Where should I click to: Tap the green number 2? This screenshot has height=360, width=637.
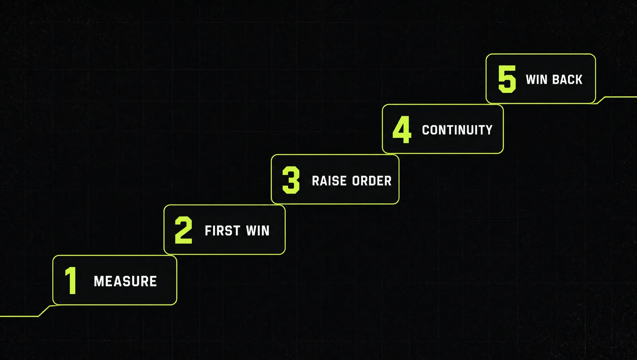pyautogui.click(x=184, y=230)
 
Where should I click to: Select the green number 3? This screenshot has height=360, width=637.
pyautogui.click(x=291, y=180)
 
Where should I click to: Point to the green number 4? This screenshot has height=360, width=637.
pyautogui.click(x=402, y=130)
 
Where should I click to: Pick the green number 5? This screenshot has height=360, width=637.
pyautogui.click(x=507, y=79)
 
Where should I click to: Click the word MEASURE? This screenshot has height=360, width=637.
pyautogui.click(x=125, y=282)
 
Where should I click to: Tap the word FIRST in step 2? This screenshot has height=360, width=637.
pyautogui.click(x=223, y=231)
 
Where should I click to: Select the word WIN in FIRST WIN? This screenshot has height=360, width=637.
pyautogui.click(x=258, y=231)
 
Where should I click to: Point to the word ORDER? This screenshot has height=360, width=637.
pyautogui.click(x=372, y=181)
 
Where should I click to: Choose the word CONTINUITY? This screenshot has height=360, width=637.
pyautogui.click(x=457, y=130)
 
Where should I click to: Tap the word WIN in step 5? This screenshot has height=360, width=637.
pyautogui.click(x=537, y=80)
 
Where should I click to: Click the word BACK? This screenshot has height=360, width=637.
pyautogui.click(x=567, y=80)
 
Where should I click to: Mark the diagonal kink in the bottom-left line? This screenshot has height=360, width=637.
pyautogui.click(x=44, y=311)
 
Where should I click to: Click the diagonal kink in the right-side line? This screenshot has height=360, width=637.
pyautogui.click(x=601, y=100)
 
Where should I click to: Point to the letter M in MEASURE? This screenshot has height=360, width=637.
pyautogui.click(x=99, y=282)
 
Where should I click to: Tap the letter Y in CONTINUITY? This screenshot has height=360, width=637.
pyautogui.click(x=488, y=130)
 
